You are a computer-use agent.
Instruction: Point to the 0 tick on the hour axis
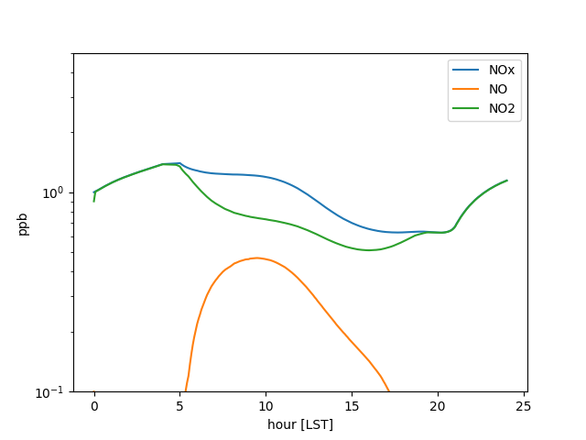tap(94, 406)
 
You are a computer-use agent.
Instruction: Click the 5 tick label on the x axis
tap(180, 406)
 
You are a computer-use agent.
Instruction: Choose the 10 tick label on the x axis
tap(266, 406)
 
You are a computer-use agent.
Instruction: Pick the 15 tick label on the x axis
tap(352, 406)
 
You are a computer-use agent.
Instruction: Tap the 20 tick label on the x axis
tap(438, 406)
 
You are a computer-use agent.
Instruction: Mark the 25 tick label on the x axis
tap(524, 406)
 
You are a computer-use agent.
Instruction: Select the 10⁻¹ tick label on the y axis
tap(52, 392)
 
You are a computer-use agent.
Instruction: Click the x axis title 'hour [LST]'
tap(300, 424)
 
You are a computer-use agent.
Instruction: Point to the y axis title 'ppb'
tap(24, 224)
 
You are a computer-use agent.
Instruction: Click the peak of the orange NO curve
tap(256, 258)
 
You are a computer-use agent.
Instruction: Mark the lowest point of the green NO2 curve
tap(368, 250)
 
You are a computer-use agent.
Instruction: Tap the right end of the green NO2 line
tap(506, 181)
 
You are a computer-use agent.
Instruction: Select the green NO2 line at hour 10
tap(266, 219)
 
